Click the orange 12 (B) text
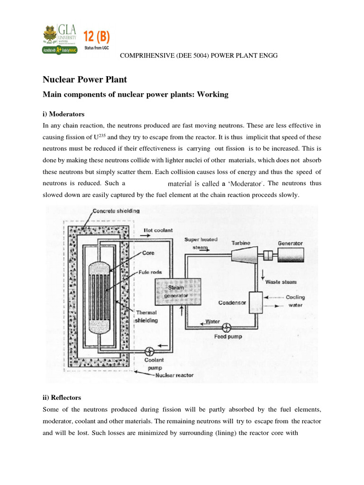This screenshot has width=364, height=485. pyautogui.click(x=97, y=35)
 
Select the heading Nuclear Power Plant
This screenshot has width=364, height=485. pyautogui.click(x=85, y=80)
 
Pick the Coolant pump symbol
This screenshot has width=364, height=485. pyautogui.click(x=150, y=351)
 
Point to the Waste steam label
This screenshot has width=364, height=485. pyautogui.click(x=281, y=281)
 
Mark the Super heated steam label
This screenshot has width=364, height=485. pyautogui.click(x=200, y=243)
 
